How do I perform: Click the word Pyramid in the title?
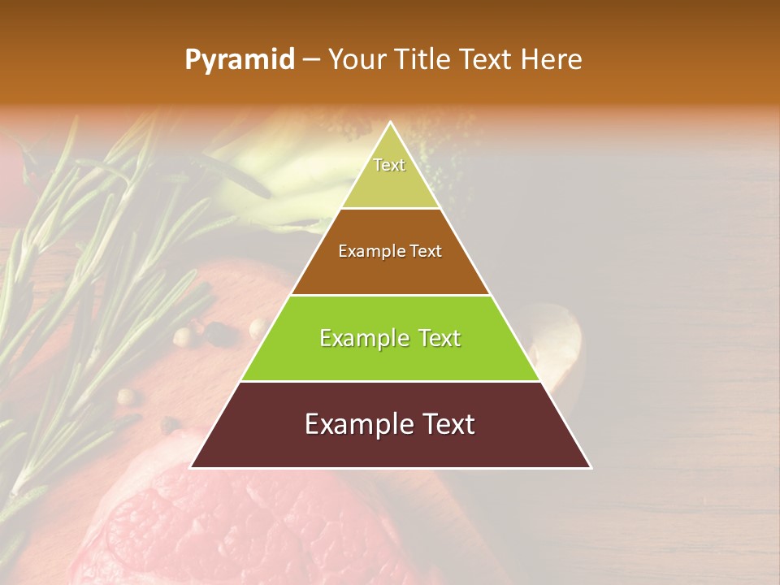[239, 60]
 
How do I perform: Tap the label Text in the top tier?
[389, 165]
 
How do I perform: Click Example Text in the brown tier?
[390, 251]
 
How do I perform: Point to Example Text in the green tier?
[390, 338]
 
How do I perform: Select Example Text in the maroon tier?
[390, 424]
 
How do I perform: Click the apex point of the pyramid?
[391, 123]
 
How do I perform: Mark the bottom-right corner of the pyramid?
[591, 467]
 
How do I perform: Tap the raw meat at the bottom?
[244, 528]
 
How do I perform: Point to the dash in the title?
[311, 60]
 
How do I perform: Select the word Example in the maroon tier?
[353, 424]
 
